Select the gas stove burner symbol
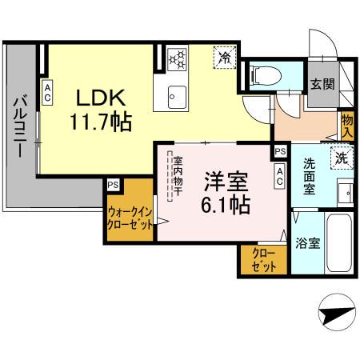[176, 58]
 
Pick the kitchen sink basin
[176, 98]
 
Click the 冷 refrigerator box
[224, 57]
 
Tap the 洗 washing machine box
[342, 158]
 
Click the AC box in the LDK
[47, 94]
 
